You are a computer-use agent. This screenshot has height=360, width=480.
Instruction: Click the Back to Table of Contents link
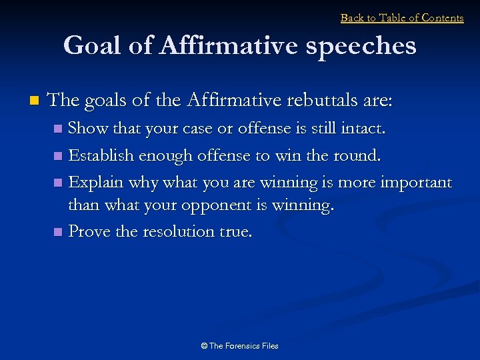(402, 18)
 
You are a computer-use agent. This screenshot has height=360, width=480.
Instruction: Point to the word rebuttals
(311, 101)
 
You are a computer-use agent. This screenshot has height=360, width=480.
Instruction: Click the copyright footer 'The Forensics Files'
(239, 345)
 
